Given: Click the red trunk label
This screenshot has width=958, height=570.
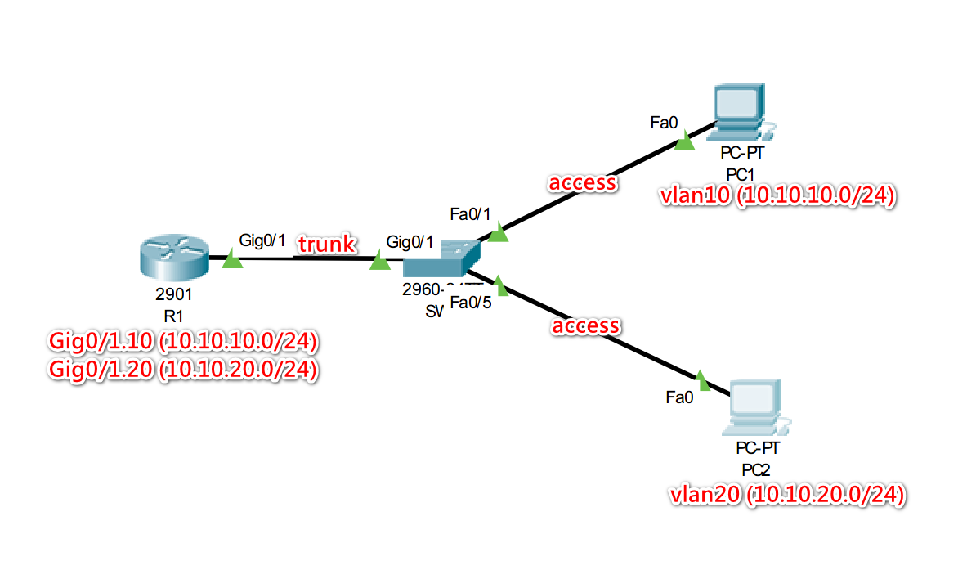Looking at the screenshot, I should point(327,244).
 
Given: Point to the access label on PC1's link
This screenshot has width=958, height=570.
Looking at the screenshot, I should point(583,182).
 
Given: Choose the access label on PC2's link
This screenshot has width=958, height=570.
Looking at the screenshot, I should point(586,326).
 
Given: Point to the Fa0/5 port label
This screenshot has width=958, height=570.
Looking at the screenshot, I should point(471,303).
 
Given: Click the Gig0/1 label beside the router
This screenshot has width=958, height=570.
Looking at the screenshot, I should point(262,240).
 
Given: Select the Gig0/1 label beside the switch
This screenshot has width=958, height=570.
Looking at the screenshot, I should point(410,242).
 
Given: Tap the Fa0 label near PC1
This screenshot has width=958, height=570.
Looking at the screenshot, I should point(664,123).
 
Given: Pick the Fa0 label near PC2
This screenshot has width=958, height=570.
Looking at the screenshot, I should point(679,398).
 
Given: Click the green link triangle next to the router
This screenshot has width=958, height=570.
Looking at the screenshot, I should point(233,260).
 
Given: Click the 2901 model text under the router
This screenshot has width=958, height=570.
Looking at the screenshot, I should point(172,296).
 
